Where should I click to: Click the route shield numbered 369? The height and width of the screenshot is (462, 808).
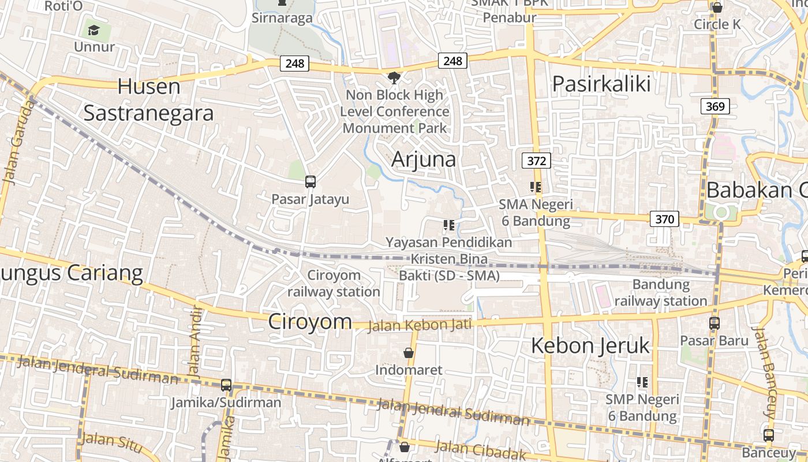coord(716,106)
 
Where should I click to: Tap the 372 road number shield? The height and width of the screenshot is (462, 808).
coord(536,161)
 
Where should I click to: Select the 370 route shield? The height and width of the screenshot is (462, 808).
coord(664,219)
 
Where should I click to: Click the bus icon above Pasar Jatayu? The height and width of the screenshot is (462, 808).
coord(311,182)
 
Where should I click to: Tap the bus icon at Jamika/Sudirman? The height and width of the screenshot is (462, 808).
coord(226,385)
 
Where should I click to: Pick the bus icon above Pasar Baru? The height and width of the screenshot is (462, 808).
coord(715,323)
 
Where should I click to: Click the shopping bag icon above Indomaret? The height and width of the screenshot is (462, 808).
coord(409,352)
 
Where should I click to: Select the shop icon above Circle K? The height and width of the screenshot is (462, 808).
coord(717,8)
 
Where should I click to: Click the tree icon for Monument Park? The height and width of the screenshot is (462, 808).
coord(394,77)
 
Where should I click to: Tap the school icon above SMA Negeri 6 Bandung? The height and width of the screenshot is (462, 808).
coord(536,187)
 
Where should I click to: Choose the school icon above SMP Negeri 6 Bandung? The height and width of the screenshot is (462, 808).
coord(642,382)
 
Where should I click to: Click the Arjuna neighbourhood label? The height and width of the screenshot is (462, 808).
coord(424,159)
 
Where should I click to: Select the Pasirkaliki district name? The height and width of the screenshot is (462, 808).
coord(601,84)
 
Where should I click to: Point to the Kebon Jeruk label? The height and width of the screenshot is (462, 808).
coord(590,345)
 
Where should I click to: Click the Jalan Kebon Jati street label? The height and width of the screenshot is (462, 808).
coord(420,325)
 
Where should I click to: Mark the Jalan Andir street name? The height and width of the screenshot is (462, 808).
coord(194,341)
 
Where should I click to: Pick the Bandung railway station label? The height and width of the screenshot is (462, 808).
coord(661,293)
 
